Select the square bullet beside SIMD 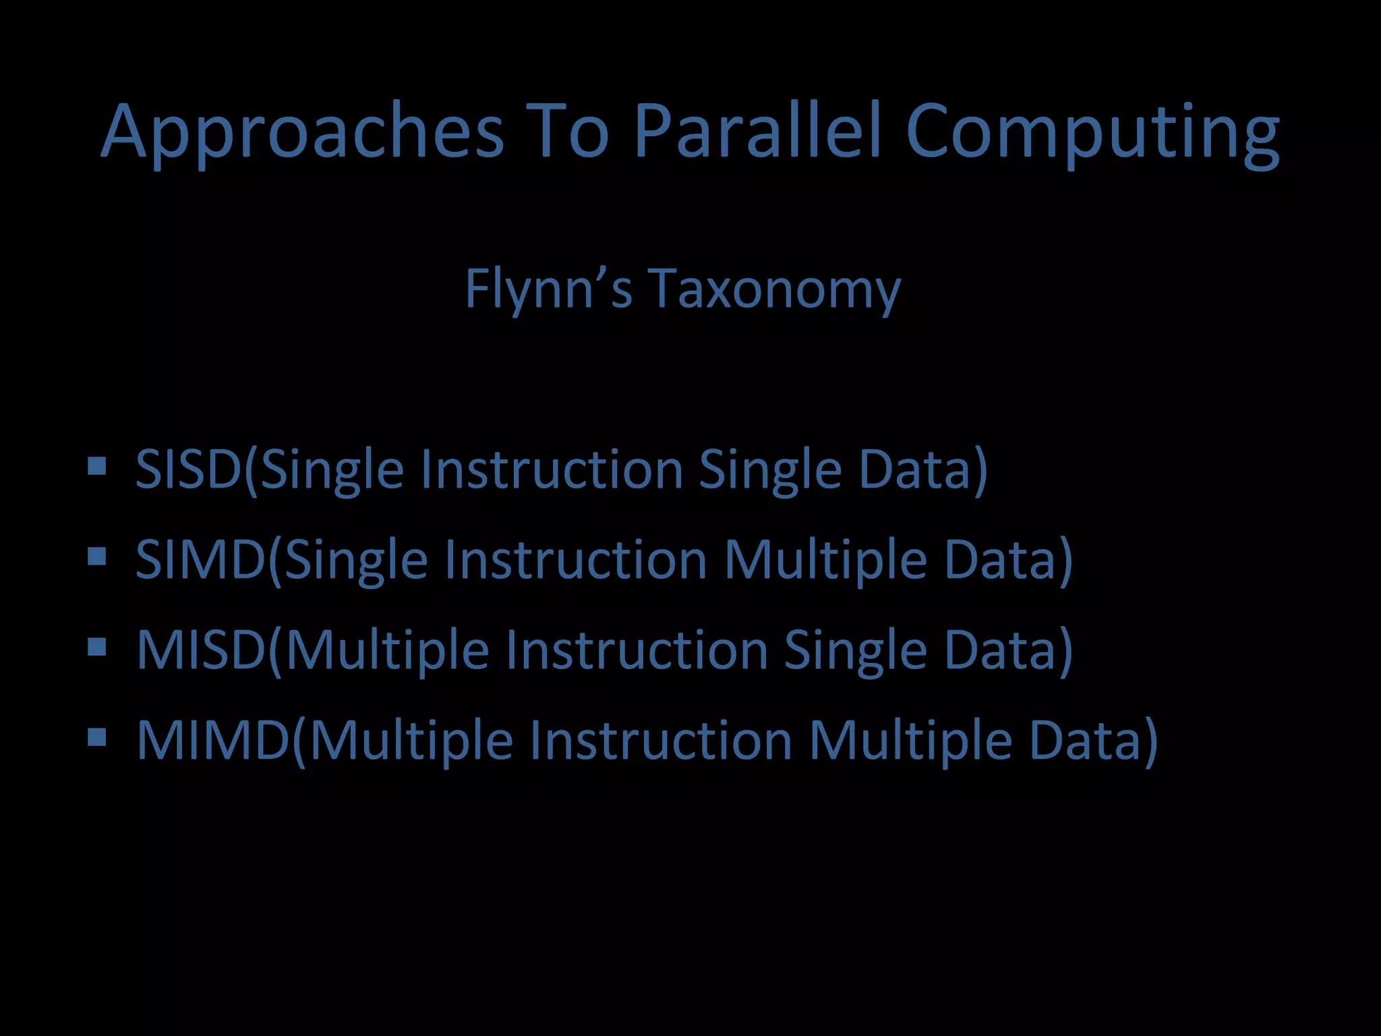point(97,556)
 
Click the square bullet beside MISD point(97,647)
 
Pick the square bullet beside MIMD point(97,737)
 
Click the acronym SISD point(189,469)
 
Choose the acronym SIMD point(201,559)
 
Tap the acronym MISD point(201,650)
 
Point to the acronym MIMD point(213,740)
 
